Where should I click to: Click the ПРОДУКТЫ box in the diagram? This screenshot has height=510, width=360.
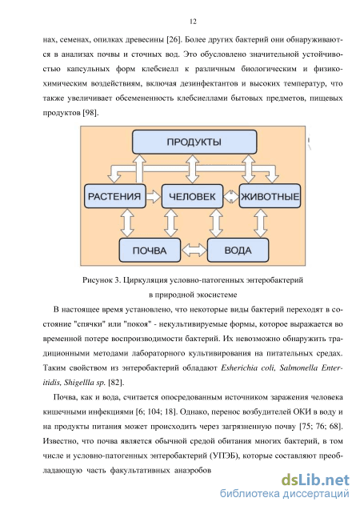[194, 142]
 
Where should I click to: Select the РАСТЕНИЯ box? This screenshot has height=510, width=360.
[114, 196]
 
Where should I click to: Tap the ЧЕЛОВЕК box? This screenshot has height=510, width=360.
[192, 196]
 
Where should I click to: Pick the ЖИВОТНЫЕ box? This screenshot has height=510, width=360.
[270, 196]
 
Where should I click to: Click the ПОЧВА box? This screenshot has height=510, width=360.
[150, 250]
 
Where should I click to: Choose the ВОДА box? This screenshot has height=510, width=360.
[238, 250]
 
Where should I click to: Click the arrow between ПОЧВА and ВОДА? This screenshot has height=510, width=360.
[194, 250]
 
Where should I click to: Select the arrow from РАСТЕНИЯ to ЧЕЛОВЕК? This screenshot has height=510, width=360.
[154, 196]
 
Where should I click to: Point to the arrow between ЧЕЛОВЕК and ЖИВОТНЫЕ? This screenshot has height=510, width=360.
[231, 196]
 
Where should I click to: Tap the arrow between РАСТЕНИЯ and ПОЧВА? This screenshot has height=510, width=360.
[127, 223]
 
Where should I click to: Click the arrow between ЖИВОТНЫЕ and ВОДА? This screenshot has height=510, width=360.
[260, 223]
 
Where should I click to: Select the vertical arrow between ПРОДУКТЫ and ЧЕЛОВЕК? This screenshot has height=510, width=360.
[193, 169]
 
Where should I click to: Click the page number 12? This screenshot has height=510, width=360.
[193, 22]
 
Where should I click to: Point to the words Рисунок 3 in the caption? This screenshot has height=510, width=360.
[102, 279]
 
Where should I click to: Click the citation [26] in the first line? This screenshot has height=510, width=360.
[173, 40]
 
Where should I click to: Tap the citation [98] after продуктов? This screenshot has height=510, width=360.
[90, 113]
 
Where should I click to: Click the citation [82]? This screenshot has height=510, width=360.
[116, 383]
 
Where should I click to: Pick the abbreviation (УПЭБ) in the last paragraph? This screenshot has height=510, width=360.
[224, 456]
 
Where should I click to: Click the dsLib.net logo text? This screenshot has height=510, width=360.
[315, 480]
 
